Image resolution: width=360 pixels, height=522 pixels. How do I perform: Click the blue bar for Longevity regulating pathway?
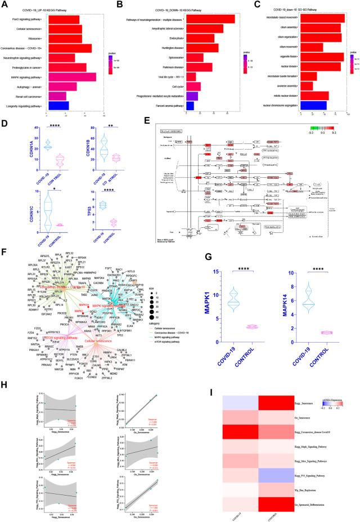[58, 105]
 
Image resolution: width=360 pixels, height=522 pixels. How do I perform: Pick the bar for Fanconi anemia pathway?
[190, 105]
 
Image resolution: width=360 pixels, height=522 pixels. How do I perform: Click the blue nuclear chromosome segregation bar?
[314, 105]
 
